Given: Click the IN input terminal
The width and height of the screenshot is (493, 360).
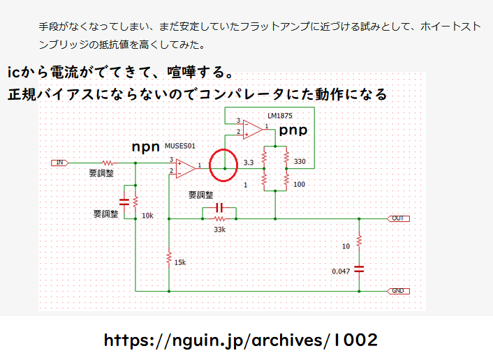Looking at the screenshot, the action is click(x=60, y=163).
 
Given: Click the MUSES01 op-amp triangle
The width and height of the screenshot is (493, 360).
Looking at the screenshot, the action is click(x=186, y=168).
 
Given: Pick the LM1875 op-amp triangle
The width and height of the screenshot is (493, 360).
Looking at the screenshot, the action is click(x=253, y=130).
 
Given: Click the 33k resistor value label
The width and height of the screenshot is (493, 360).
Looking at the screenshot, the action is click(x=219, y=230).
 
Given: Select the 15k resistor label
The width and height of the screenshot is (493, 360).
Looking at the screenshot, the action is click(x=180, y=262).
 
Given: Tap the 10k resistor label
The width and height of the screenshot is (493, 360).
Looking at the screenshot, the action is click(x=147, y=216).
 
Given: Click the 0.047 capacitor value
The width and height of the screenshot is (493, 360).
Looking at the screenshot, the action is click(x=341, y=271).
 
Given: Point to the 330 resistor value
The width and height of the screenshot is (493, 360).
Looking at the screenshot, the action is click(x=300, y=161).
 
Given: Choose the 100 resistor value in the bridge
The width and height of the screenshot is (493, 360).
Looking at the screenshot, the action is click(x=299, y=184).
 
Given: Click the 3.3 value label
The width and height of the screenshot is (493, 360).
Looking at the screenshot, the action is click(x=249, y=163).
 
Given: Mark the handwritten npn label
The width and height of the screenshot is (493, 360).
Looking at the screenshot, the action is click(x=145, y=147).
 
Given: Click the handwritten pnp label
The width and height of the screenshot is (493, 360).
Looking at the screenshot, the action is click(x=293, y=130).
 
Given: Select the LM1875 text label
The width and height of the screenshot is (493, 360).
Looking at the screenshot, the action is click(x=280, y=116).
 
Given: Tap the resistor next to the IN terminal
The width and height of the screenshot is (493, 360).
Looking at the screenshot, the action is click(x=108, y=163).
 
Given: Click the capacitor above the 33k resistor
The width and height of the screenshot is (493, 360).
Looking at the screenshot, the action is click(x=219, y=207).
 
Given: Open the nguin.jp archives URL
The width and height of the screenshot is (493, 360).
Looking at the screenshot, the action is click(x=241, y=340).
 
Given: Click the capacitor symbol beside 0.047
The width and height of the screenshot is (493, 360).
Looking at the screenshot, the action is click(x=359, y=269).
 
